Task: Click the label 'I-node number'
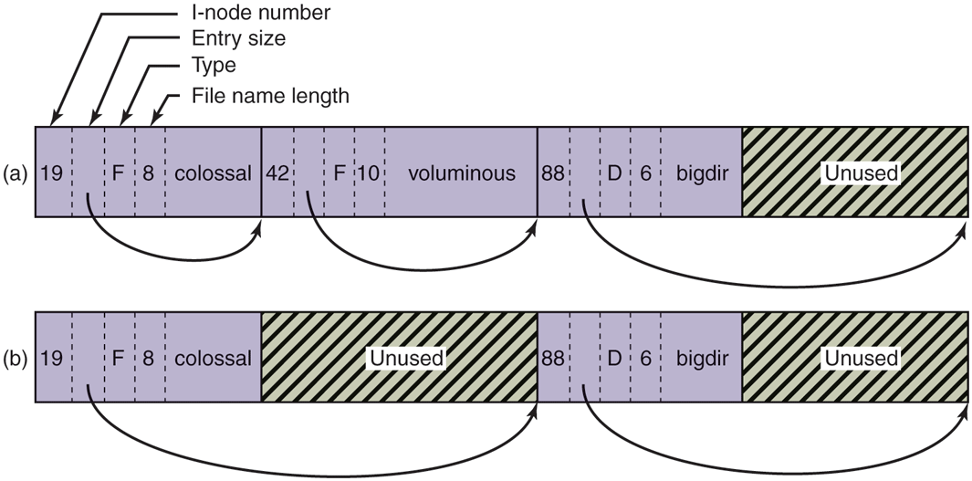261,13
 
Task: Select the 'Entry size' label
237,39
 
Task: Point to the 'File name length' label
270,96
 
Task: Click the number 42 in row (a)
277,173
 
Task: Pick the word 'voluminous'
462,173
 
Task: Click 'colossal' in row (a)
214,173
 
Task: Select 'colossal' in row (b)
214,358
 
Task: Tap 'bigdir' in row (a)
703,173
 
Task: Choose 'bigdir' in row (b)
703,358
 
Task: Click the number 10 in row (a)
369,173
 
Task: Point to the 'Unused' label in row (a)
861,173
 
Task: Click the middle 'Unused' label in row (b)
406,358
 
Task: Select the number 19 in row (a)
53,173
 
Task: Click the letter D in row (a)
614,173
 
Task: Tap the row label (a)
16,173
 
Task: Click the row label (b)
16,358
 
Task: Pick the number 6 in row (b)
644,358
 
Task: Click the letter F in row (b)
118,358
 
